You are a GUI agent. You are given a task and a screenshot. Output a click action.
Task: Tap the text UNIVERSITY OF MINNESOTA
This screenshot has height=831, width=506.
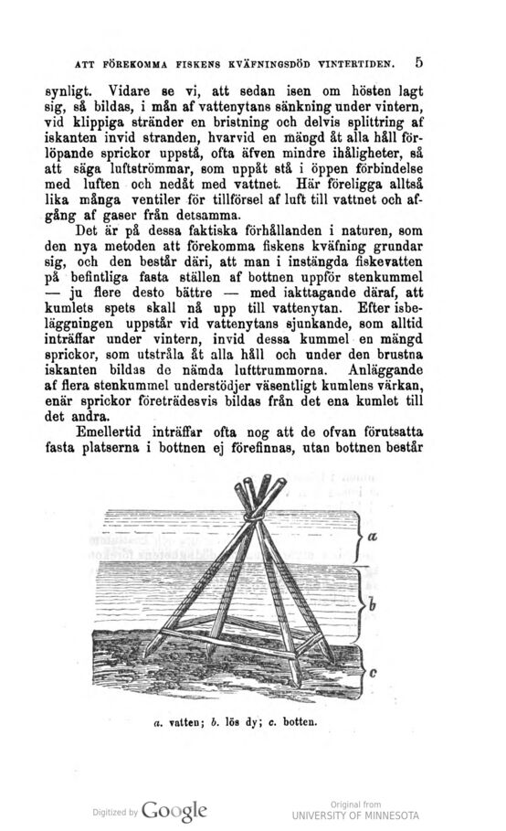(354, 814)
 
